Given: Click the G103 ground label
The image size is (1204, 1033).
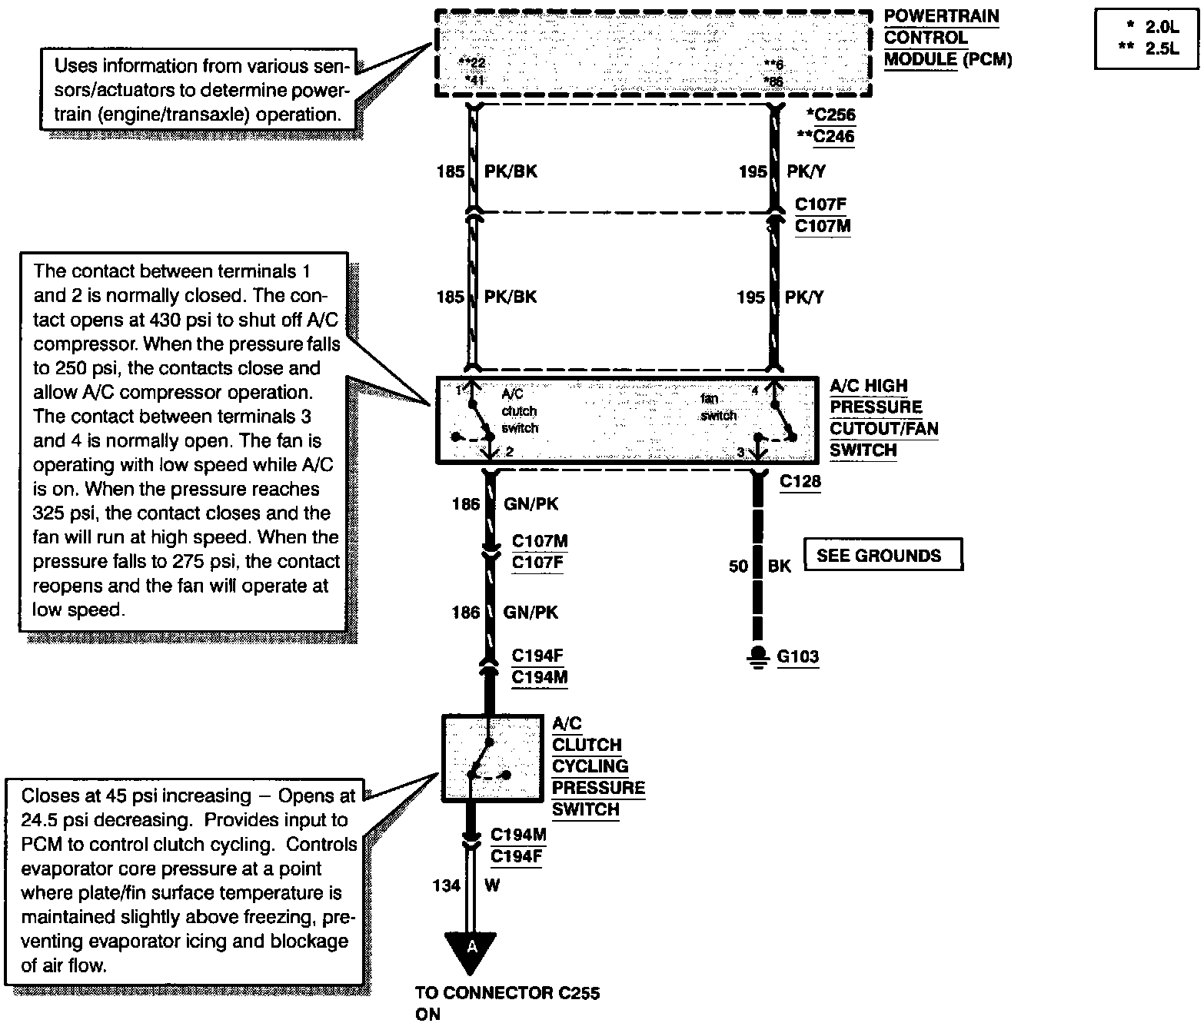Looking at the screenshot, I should [798, 656].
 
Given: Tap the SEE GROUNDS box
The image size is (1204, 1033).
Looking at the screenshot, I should [883, 554].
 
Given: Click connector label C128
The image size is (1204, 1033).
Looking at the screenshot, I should [800, 482].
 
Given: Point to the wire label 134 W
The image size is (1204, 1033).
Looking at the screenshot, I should [466, 885].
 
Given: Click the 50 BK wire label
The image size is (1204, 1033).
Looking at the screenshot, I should [760, 566].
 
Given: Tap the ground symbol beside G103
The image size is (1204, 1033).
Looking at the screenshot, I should [758, 658].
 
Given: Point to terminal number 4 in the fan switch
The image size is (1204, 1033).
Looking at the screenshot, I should [755, 390].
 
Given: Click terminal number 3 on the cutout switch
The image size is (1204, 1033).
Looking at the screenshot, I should [740, 452].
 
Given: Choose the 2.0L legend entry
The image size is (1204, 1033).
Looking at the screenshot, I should [1161, 26].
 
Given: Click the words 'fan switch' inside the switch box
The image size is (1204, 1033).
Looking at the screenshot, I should [718, 407].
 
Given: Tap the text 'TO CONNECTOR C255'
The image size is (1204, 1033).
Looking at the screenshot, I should [507, 993].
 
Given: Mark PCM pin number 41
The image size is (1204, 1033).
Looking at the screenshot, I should [476, 80].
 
